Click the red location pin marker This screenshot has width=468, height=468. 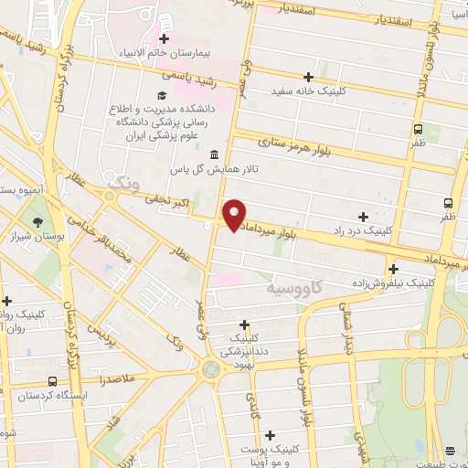[x=235, y=214]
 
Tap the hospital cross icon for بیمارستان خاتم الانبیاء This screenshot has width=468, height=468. [x=165, y=38]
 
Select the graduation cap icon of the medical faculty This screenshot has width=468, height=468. [x=162, y=96]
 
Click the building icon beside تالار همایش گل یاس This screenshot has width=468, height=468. [x=214, y=154]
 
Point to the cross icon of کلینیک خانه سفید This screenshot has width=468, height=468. [x=308, y=77]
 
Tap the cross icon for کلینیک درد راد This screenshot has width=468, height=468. [x=364, y=218]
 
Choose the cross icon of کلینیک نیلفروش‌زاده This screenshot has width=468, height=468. [x=393, y=269]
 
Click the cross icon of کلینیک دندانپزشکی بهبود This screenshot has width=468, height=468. [x=244, y=324]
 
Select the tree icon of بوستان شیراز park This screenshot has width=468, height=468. [x=37, y=222]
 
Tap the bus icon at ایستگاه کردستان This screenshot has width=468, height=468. [x=52, y=380]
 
